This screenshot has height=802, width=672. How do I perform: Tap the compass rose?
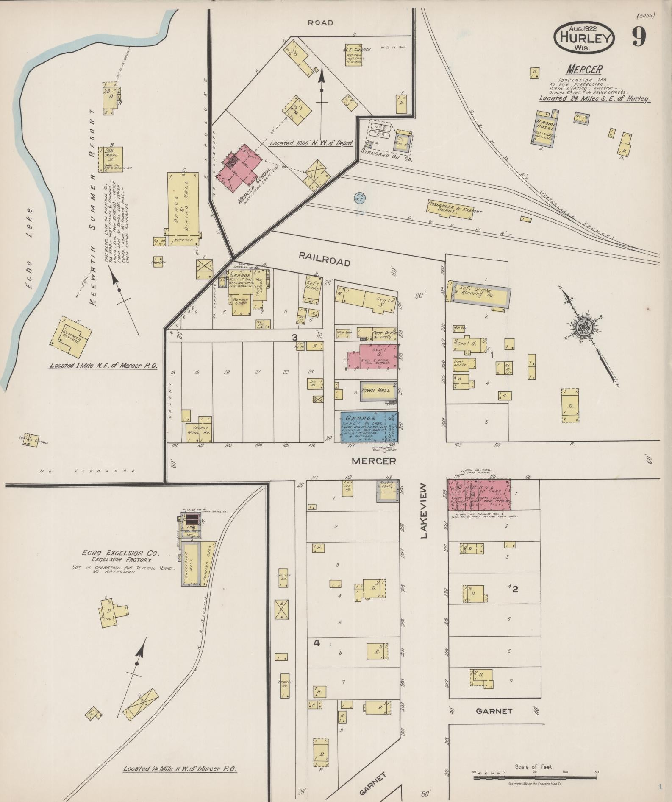(586, 328)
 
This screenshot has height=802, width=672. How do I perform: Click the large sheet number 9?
(639, 37)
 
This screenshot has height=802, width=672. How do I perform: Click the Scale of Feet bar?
(535, 777)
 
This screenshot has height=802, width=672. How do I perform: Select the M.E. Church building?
(357, 56)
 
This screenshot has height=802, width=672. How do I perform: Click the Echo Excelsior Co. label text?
(121, 553)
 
